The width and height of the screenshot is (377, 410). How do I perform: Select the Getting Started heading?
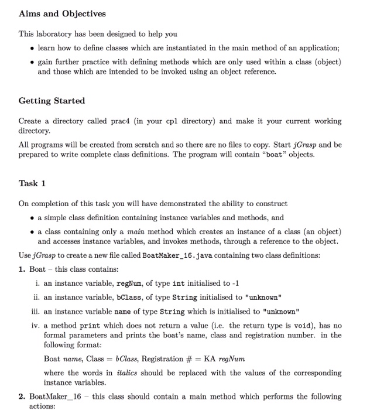52,101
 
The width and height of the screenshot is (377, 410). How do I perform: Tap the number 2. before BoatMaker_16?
22,397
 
